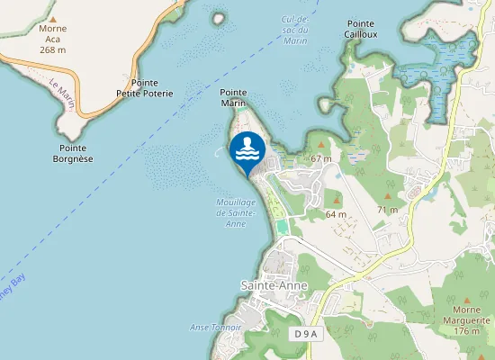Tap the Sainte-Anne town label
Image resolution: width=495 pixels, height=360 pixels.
274,285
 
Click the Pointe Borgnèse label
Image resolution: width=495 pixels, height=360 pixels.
74,153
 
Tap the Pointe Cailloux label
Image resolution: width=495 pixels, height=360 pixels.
360,29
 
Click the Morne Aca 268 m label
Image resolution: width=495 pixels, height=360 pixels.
53,39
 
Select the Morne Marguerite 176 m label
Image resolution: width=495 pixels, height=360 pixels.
465,320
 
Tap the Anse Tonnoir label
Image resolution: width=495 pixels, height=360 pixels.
216,327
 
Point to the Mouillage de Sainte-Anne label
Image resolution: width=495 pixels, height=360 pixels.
237,212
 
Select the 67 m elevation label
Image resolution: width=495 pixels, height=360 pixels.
321,158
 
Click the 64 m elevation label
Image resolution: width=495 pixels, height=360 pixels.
336,214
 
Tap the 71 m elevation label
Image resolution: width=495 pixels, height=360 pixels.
387,209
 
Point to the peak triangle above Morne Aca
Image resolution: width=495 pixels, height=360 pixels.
53,17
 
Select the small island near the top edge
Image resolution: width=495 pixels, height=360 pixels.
217,17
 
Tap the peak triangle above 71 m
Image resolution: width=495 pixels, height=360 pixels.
388,196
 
